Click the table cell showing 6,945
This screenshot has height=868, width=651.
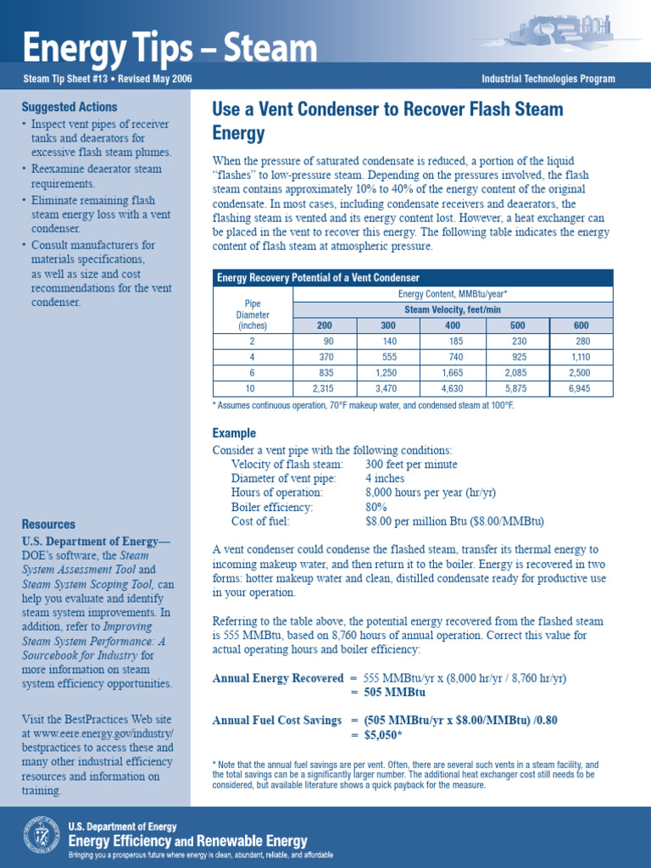(x=580, y=389)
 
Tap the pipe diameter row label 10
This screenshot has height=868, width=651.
(x=252, y=389)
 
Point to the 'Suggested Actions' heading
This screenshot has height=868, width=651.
(x=70, y=108)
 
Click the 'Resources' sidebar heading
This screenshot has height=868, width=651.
(x=48, y=525)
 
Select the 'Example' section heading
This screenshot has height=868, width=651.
(x=234, y=433)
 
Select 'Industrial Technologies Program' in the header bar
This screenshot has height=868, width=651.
(x=548, y=80)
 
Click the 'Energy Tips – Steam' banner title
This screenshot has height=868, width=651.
(x=170, y=49)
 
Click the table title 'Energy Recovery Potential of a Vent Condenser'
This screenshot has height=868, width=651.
(x=318, y=278)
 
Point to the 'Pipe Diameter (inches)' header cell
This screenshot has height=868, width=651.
(x=252, y=314)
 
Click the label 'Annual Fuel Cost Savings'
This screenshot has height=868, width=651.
(x=276, y=721)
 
